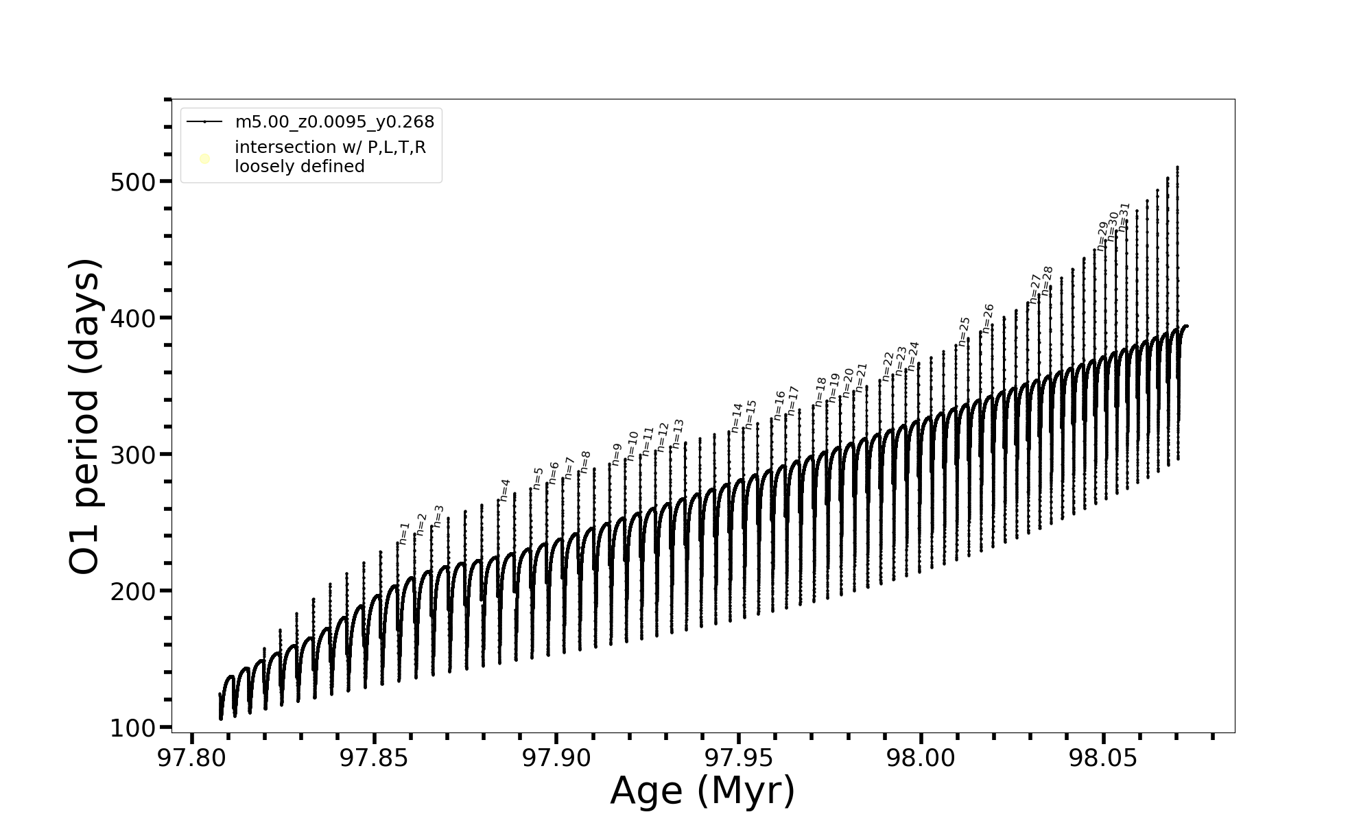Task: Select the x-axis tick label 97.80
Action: click(192, 758)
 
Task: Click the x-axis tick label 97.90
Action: click(556, 758)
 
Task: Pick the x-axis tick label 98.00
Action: click(921, 758)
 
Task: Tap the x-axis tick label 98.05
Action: click(1103, 758)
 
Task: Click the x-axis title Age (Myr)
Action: click(702, 791)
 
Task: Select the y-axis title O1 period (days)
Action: click(86, 416)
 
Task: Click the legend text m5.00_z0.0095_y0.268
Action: click(335, 122)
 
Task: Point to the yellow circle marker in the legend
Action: click(204, 159)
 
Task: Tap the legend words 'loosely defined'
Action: click(300, 167)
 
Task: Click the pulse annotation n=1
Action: click(404, 534)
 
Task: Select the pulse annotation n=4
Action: click(505, 490)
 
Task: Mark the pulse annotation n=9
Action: click(617, 455)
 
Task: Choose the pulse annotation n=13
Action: click(678, 434)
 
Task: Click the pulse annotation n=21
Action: click(862, 378)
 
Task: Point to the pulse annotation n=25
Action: click(964, 332)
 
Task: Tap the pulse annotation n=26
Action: click(988, 319)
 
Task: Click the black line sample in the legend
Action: click(204, 122)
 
